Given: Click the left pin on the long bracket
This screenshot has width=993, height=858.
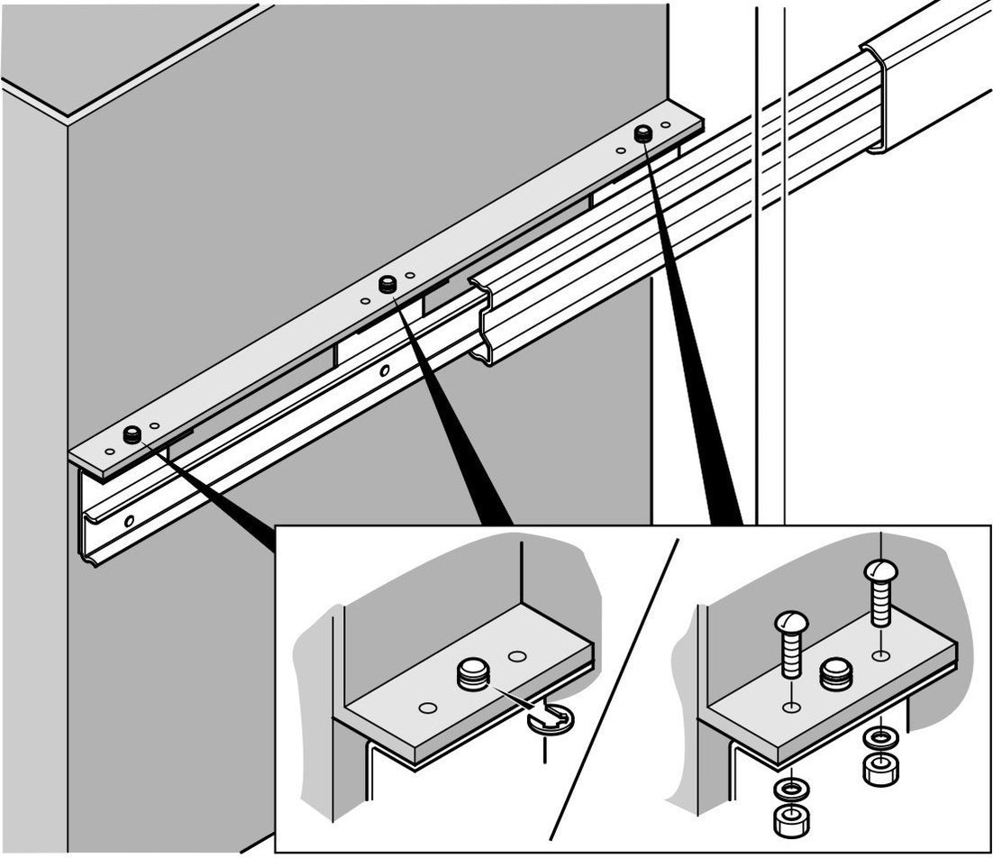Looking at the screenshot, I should tap(132, 434).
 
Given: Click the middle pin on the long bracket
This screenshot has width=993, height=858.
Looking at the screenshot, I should tap(388, 284).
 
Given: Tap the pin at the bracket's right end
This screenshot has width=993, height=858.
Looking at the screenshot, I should tap(642, 134).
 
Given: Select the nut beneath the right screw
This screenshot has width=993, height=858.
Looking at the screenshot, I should tap(878, 771).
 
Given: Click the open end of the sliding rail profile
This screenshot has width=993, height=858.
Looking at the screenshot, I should tap(485, 320).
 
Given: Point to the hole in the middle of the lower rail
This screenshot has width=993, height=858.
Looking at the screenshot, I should tap(385, 370).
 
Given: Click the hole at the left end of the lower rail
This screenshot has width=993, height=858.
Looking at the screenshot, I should tap(131, 521).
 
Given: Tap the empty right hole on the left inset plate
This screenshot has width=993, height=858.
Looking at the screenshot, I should tap(516, 656).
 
